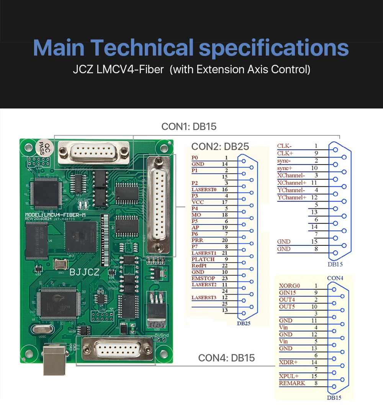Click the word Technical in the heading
tap(142, 48)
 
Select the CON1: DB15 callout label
tap(189, 127)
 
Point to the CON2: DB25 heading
tap(220, 146)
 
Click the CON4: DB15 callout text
tap(226, 358)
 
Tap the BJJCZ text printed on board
tap(85, 272)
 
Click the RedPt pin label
tap(199, 266)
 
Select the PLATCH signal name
tap(203, 259)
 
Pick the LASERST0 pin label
tap(204, 189)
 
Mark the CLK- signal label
tap(284, 146)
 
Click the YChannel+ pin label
tap(291, 197)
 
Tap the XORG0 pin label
tap(290, 286)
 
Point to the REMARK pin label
tap(292, 383)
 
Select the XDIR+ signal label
tap(288, 362)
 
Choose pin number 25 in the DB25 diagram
tap(225, 304)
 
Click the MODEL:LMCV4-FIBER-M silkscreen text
tap(55, 215)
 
